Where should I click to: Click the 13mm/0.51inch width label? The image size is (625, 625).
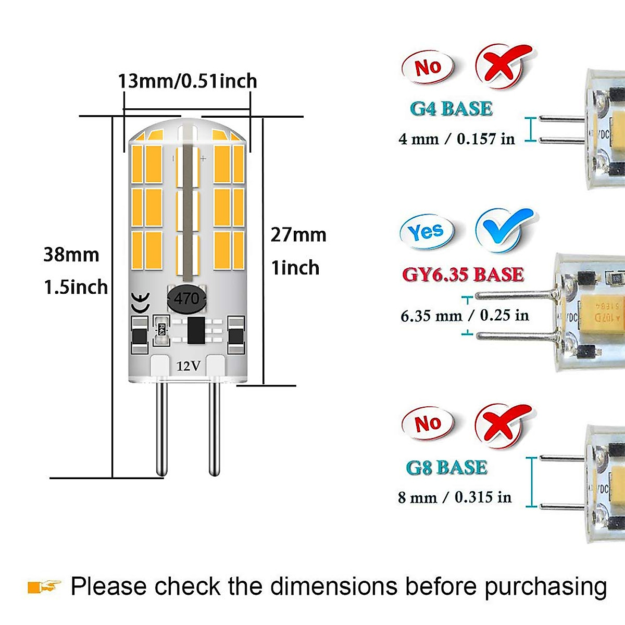click(x=187, y=81)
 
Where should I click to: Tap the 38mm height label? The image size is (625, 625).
click(x=71, y=255)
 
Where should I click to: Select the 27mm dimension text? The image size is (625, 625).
click(x=298, y=235)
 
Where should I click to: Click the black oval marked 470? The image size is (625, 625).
click(x=186, y=299)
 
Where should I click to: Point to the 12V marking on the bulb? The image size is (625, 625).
click(x=188, y=366)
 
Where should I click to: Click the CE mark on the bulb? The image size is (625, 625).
click(x=140, y=303)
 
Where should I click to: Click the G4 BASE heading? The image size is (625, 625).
click(x=451, y=109)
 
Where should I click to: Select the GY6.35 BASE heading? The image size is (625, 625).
click(x=463, y=274)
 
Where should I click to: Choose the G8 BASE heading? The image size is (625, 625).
click(x=447, y=468)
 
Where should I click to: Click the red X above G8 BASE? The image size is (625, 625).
click(x=502, y=424)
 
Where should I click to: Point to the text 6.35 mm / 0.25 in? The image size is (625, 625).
click(x=465, y=316)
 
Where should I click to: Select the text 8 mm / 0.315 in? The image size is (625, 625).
click(x=455, y=497)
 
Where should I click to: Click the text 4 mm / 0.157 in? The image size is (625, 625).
click(x=456, y=139)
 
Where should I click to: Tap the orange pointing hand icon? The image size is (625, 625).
click(x=44, y=587)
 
